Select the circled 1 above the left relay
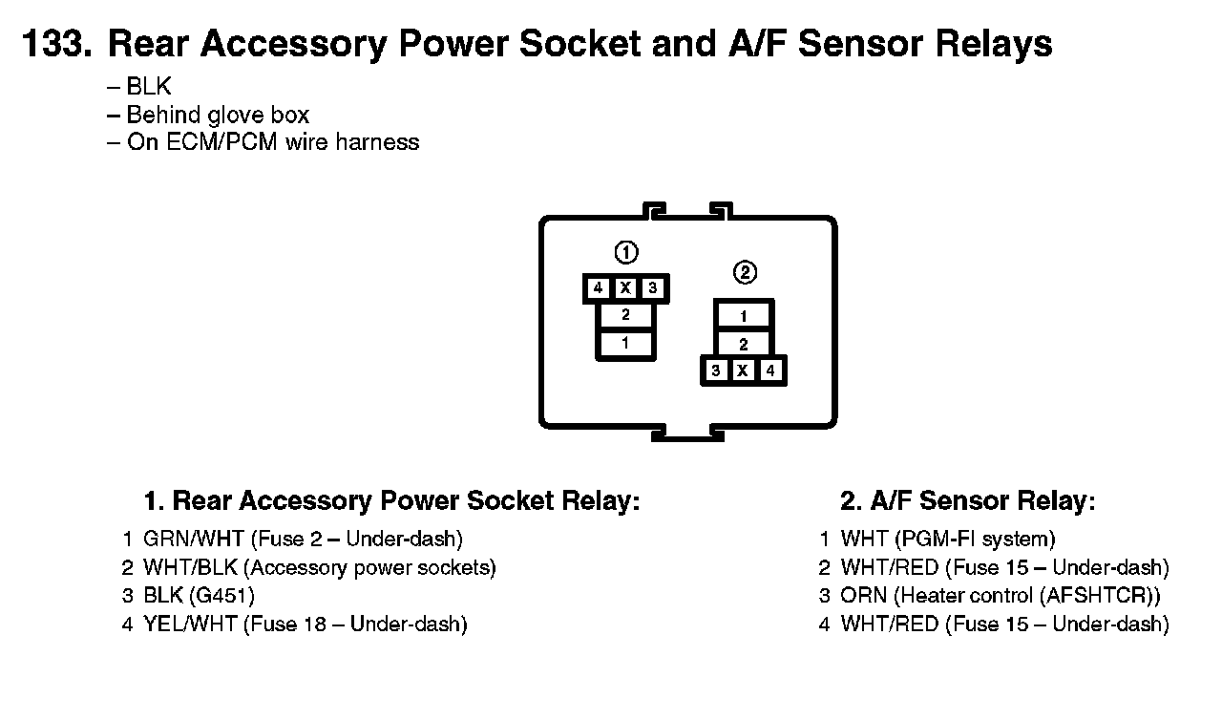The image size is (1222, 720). pos(625,253)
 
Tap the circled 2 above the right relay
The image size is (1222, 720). pos(745,272)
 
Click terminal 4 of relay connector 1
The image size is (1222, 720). pos(598,287)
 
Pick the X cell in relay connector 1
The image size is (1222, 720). pos(625,287)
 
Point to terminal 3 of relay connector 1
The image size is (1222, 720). pos(653,287)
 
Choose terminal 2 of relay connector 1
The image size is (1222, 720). pos(625,314)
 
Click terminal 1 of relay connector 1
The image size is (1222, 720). pos(625,343)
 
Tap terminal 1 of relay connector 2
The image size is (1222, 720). pos(744,316)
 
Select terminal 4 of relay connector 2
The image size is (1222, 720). pos(770,371)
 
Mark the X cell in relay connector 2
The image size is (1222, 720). pos(743,371)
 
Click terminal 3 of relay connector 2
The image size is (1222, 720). pos(716,371)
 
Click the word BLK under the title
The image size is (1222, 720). pos(149,87)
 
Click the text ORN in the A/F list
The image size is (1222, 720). pos(863,596)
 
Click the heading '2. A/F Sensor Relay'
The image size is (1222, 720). pos(967,501)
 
